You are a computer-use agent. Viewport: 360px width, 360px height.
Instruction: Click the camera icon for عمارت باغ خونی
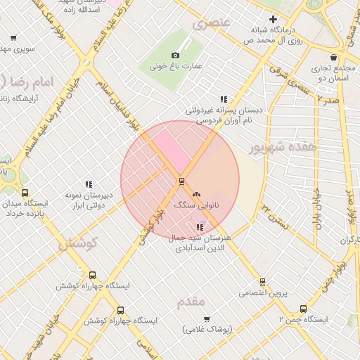tap(175, 55)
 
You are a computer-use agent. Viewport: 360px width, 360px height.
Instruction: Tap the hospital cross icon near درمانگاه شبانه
tap(274, 19)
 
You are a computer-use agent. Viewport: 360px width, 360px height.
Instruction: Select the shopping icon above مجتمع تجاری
tap(333, 58)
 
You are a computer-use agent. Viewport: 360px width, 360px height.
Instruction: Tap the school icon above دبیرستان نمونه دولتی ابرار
tap(89, 184)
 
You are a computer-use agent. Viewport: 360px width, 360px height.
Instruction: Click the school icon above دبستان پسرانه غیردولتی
tap(224, 99)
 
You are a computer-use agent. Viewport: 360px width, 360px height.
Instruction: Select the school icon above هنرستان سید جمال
tap(200, 226)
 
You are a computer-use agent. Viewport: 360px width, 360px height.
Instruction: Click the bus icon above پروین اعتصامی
tap(262, 281)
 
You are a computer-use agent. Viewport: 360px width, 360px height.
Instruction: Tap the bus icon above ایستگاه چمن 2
tap(303, 308)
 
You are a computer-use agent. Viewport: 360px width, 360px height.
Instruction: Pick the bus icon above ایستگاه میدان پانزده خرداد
tap(25, 193)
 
